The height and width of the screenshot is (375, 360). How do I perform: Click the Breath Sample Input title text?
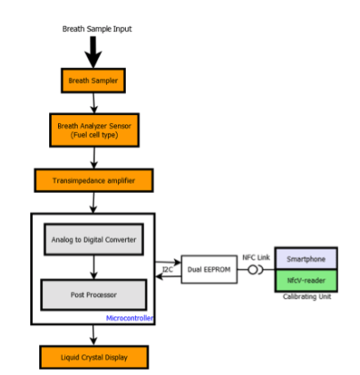(x=96, y=29)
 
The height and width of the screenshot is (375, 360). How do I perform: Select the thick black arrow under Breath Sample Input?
(x=94, y=52)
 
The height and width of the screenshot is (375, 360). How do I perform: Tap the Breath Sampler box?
(x=94, y=80)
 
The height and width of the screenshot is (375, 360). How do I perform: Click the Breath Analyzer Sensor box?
(x=94, y=130)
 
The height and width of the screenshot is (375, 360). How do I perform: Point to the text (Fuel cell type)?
(x=94, y=136)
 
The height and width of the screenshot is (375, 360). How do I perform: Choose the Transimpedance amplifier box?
(x=94, y=180)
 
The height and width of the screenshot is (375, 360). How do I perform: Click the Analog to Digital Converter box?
(x=94, y=238)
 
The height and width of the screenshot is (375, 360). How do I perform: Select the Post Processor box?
(x=94, y=293)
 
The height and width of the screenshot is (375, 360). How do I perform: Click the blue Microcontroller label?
(x=130, y=316)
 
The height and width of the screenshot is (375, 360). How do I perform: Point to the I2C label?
(x=167, y=268)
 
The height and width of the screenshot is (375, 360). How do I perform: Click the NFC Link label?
(x=255, y=257)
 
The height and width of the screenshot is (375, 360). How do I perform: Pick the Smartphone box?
(x=306, y=258)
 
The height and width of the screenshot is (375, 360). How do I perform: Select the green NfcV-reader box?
(x=306, y=279)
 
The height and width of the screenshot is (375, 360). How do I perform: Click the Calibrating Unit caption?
(x=306, y=297)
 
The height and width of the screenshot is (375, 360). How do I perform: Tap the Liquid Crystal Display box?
(x=94, y=357)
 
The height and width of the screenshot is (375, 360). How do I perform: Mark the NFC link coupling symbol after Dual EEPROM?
(x=255, y=268)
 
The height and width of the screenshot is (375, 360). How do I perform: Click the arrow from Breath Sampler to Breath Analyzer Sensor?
(x=94, y=103)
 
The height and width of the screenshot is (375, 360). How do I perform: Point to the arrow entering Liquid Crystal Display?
(x=94, y=336)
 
